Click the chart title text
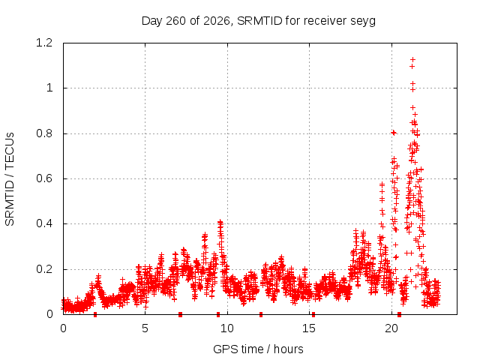pyautogui.click(x=259, y=21)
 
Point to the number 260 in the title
pyautogui.click(x=175, y=21)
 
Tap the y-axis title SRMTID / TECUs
pyautogui.click(x=10, y=179)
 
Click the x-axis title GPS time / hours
pyautogui.click(x=258, y=349)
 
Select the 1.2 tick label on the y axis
pyautogui.click(x=44, y=43)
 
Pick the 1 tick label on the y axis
pyautogui.click(x=49, y=88)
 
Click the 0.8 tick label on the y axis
pyautogui.click(x=44, y=133)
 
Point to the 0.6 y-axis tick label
pyautogui.click(x=44, y=178)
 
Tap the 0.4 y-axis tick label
pyautogui.click(x=44, y=223)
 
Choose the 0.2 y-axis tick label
pyautogui.click(x=44, y=269)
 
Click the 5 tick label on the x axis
pyautogui.click(x=145, y=328)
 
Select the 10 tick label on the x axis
pyautogui.click(x=227, y=328)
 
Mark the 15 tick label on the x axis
pyautogui.click(x=309, y=328)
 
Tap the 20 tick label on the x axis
pyautogui.click(x=391, y=328)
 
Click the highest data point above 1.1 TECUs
pyautogui.click(x=412, y=59)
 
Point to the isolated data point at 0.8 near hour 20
pyautogui.click(x=394, y=133)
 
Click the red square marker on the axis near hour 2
pyautogui.click(x=95, y=314)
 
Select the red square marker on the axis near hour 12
pyautogui.click(x=261, y=314)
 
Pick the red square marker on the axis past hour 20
pyautogui.click(x=399, y=314)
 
